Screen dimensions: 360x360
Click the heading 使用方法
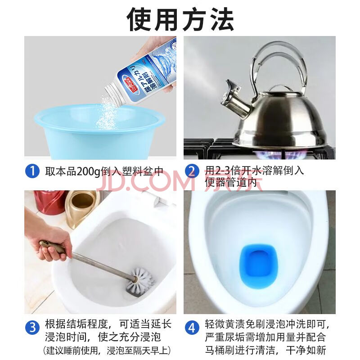(180, 19)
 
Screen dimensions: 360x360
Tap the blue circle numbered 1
(32, 171)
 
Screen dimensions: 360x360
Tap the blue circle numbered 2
(192, 171)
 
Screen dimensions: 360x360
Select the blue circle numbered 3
(32, 327)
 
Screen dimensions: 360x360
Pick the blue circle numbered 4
(192, 327)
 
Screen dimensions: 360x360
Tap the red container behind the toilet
(49, 202)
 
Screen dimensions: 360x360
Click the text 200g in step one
(88, 172)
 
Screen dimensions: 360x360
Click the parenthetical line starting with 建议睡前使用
(107, 351)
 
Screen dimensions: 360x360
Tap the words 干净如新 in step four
(306, 351)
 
